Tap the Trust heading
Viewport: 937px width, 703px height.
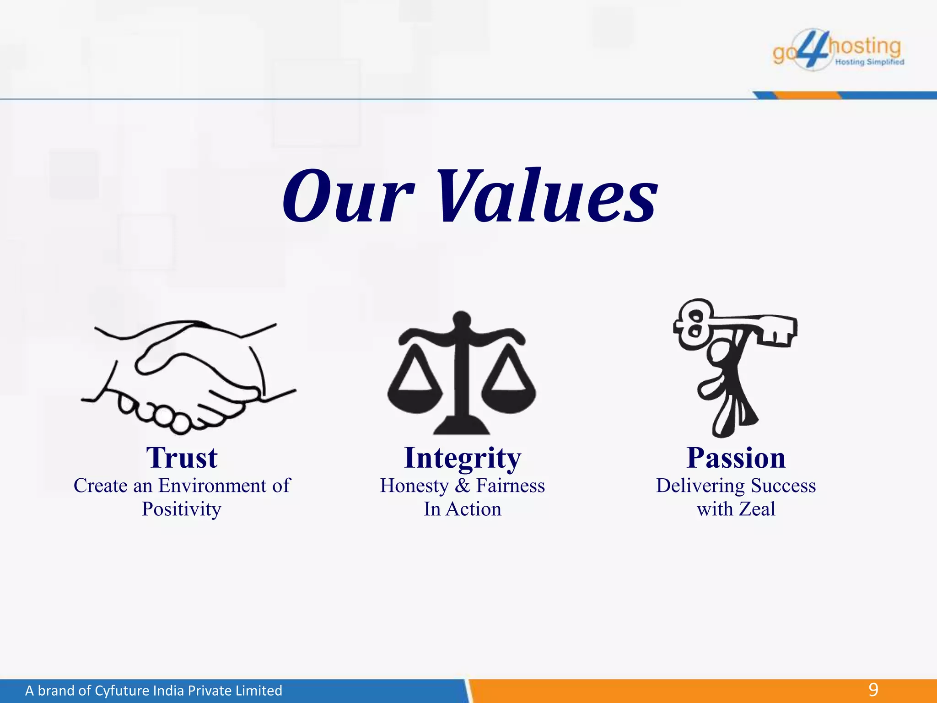click(x=182, y=458)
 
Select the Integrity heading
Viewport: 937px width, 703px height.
click(x=463, y=458)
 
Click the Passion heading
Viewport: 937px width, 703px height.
click(x=736, y=458)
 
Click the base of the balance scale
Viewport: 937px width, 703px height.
click(x=462, y=426)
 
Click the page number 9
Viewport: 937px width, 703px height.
click(x=873, y=690)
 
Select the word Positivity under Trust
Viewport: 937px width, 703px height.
click(x=182, y=509)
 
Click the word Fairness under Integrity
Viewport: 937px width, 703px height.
click(x=510, y=486)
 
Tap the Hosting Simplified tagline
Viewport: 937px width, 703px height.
click(x=869, y=62)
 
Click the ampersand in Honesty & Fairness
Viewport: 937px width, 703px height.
click(x=462, y=486)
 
